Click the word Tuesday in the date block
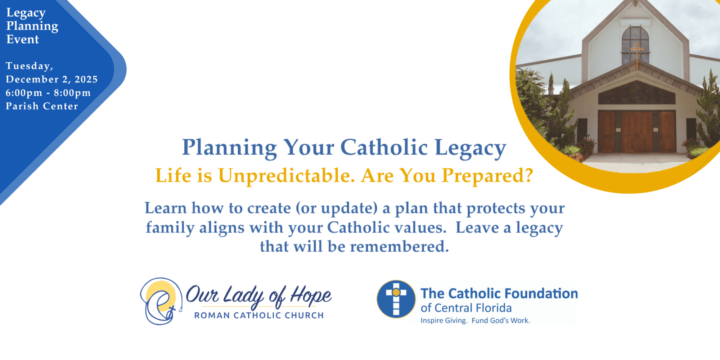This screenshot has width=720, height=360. pyautogui.click(x=29, y=66)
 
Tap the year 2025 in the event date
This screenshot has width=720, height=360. pyautogui.click(x=86, y=79)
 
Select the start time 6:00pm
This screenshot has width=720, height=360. pyautogui.click(x=24, y=93)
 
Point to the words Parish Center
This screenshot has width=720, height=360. pyautogui.click(x=42, y=106)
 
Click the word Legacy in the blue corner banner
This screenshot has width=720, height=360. pyautogui.click(x=26, y=13)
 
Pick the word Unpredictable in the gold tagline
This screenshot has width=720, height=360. pyautogui.click(x=286, y=176)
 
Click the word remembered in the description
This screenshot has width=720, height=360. pyautogui.click(x=400, y=247)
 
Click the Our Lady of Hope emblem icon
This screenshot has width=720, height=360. pyautogui.click(x=161, y=301)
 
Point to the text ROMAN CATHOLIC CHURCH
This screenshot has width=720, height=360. pyautogui.click(x=259, y=315)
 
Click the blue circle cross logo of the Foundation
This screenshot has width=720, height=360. pyautogui.click(x=396, y=299)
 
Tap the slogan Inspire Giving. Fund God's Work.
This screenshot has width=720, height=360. pyautogui.click(x=475, y=320)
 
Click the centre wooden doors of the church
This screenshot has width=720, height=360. pyautogui.click(x=637, y=131)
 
